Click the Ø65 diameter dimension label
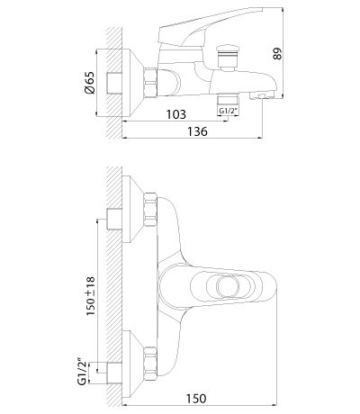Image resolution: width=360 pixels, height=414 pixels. coord(90,83)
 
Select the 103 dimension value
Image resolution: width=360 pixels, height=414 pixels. coord(176,114)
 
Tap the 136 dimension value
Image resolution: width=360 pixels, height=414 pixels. coord(197,131)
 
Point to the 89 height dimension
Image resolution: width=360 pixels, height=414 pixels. coord(278,53)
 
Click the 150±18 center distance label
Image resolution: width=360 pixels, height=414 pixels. coord(90,296)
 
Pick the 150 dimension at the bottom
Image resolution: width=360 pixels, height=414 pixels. coord(196,399)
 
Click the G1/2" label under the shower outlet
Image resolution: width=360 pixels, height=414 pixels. coord(229,111)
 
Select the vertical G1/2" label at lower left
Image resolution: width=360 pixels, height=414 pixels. coord(83,373)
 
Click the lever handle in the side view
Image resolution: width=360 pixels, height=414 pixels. coord(210,28)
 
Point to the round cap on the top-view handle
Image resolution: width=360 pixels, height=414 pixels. coord(229,286)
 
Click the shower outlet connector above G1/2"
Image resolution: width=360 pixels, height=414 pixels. coord(228,99)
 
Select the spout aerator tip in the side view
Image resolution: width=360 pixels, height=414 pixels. coord(262,95)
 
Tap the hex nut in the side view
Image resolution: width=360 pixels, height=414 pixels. coord(150,83)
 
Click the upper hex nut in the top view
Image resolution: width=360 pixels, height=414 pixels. coord(150,210)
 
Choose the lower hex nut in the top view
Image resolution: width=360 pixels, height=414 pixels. coord(150,364)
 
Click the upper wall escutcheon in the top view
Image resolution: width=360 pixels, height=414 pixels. coord(132,209)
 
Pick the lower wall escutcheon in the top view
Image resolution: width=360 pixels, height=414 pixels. coord(132,364)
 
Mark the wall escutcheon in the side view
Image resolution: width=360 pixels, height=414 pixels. coord(132,83)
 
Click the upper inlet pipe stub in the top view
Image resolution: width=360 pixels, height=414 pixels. coord(114,219)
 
